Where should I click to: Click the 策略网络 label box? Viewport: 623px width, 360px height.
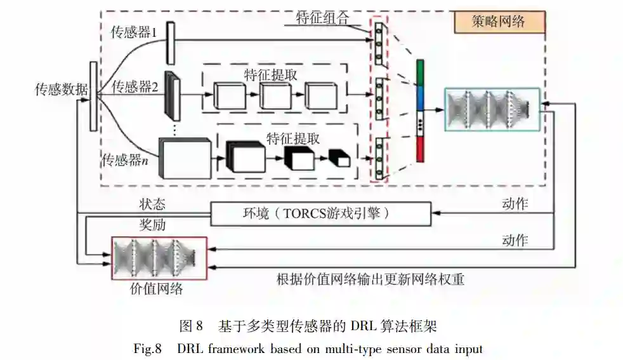tap(499, 22)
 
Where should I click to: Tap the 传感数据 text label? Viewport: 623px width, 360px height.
tap(61, 90)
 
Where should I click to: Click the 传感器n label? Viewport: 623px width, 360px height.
tap(126, 160)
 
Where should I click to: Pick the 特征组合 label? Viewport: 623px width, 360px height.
tap(322, 17)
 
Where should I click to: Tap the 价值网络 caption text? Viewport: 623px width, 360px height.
tap(156, 290)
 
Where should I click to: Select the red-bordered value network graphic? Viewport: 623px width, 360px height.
tap(159, 257)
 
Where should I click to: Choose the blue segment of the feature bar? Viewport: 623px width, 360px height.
tap(419, 98)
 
